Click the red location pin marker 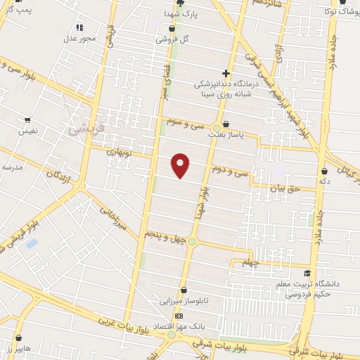click(x=181, y=165)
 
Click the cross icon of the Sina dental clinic click(x=226, y=72)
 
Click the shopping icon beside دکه click(x=325, y=170)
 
